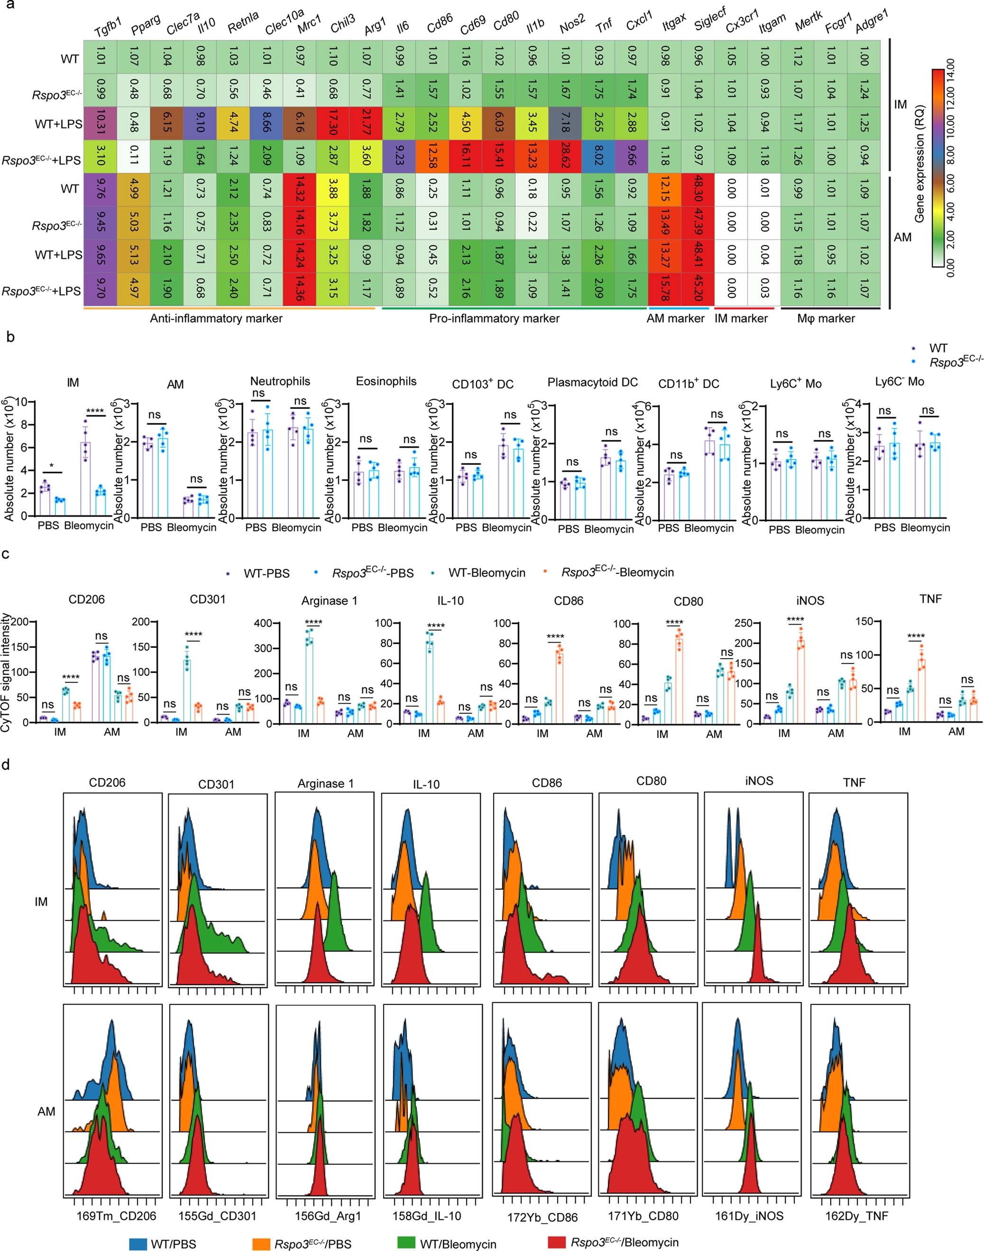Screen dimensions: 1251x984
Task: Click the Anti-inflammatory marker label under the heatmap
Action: point(216,319)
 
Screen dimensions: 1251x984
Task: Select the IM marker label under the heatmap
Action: point(742,319)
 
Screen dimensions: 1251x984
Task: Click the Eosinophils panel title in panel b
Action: point(386,381)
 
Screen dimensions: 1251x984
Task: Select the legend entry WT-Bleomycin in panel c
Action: point(487,573)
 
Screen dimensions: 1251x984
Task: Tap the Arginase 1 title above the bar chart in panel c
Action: point(329,601)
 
